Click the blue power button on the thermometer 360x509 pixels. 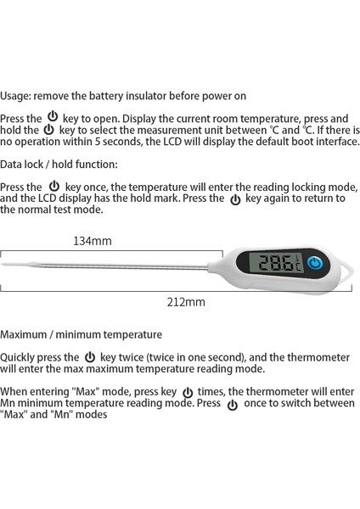tap(316, 264)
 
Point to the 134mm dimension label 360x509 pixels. tap(93, 241)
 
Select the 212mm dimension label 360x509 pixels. tap(186, 301)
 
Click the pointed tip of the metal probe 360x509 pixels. tap(3, 265)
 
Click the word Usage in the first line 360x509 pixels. tap(17, 97)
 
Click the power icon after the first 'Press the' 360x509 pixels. tap(53, 117)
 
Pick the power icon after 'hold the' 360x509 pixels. tap(48, 130)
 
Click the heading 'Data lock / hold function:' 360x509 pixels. tap(59, 164)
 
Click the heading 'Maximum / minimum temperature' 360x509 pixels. tap(81, 335)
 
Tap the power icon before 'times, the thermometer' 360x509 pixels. tap(188, 392)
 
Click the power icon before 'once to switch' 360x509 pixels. tap(232, 405)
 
